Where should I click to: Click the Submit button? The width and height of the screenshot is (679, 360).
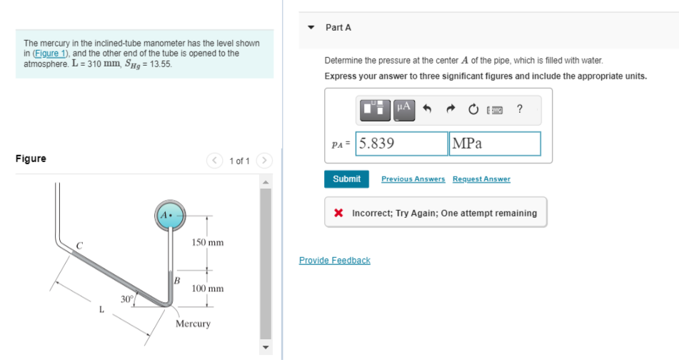point(346,179)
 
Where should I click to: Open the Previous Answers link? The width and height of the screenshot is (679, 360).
point(413,179)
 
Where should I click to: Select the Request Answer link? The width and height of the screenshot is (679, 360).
point(481,179)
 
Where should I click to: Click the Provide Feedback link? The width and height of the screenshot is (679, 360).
point(334,261)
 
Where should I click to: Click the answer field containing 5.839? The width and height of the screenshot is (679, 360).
point(401,144)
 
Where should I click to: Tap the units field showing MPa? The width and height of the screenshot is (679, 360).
point(494,144)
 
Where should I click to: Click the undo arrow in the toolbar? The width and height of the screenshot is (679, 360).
point(427,109)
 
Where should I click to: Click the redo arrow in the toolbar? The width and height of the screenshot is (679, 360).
point(450,109)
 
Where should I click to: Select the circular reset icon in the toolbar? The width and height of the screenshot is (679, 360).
point(473,109)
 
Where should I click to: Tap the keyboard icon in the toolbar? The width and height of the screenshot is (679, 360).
point(495,109)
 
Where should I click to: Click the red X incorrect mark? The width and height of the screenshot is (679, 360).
point(340,213)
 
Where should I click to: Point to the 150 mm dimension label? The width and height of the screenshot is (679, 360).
point(208,243)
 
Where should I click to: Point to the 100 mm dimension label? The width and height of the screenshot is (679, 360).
point(208,289)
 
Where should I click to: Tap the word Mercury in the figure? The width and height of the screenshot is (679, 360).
point(193,324)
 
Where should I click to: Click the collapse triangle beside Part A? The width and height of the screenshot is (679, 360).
point(311,28)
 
